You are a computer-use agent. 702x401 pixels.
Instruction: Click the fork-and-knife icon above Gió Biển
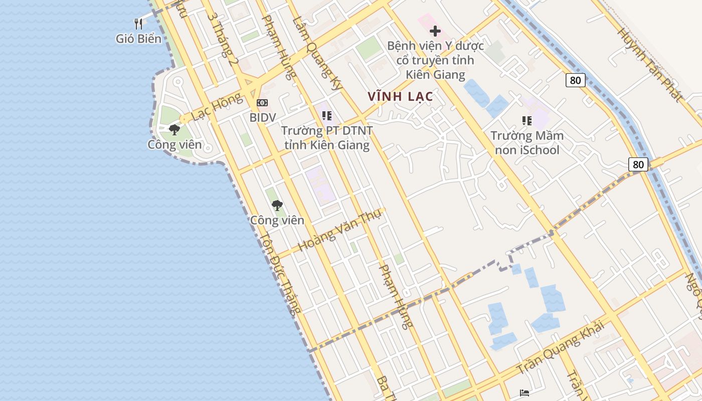click(138, 23)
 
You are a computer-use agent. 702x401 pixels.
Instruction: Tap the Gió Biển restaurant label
click(138, 39)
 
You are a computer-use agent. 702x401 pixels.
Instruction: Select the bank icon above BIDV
click(262, 103)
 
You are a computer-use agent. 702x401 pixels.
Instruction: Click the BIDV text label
click(263, 117)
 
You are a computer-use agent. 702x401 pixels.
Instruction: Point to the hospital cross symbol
click(435, 31)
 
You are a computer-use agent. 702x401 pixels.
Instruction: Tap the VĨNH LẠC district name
click(400, 96)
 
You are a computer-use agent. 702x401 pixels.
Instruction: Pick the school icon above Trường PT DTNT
click(327, 116)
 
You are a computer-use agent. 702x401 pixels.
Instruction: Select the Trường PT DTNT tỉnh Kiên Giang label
click(327, 138)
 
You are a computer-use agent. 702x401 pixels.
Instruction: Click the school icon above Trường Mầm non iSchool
click(527, 120)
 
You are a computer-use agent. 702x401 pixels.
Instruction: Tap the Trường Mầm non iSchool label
click(527, 142)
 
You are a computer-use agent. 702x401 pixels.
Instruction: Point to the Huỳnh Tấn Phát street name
click(650, 64)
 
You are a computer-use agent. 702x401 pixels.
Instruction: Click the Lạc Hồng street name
click(216, 107)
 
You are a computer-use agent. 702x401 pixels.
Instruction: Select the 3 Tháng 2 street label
click(222, 38)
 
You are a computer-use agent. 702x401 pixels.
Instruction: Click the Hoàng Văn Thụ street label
click(339, 230)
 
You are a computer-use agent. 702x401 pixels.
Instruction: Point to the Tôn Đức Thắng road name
click(280, 273)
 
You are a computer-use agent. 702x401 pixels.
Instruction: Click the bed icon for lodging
click(524, 393)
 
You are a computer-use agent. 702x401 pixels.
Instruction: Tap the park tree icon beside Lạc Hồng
click(174, 130)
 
